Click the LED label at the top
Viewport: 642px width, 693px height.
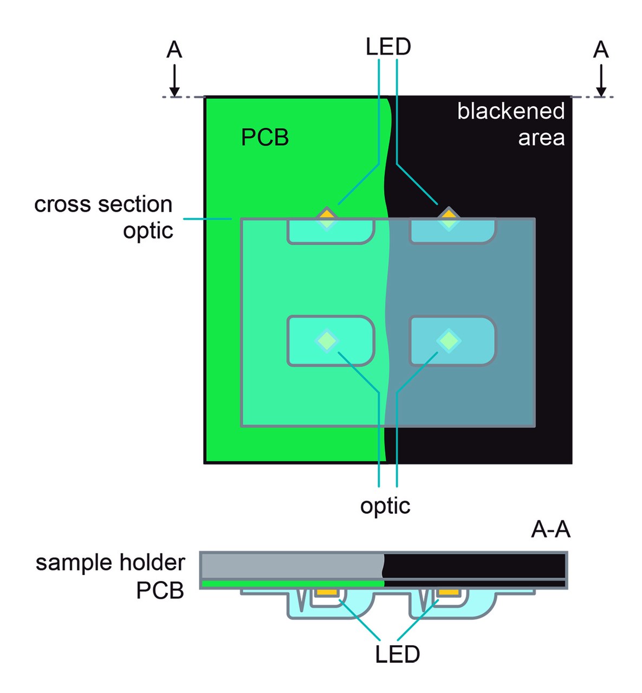[388, 47]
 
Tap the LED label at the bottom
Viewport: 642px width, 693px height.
[397, 654]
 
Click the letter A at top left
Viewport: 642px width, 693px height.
[174, 50]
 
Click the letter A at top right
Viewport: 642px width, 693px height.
[601, 50]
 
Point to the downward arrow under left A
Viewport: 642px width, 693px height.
[174, 81]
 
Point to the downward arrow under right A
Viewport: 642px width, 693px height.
[601, 81]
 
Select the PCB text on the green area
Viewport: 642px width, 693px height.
[265, 137]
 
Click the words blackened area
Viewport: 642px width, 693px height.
[511, 124]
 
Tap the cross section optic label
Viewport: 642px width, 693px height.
[103, 217]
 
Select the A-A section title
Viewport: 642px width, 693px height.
[550, 529]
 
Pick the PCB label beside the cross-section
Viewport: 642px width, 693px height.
[160, 591]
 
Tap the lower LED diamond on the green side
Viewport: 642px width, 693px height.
[327, 341]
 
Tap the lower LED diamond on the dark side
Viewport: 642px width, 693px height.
[449, 341]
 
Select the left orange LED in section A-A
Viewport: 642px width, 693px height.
[327, 592]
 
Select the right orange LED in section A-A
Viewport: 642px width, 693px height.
[449, 592]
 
